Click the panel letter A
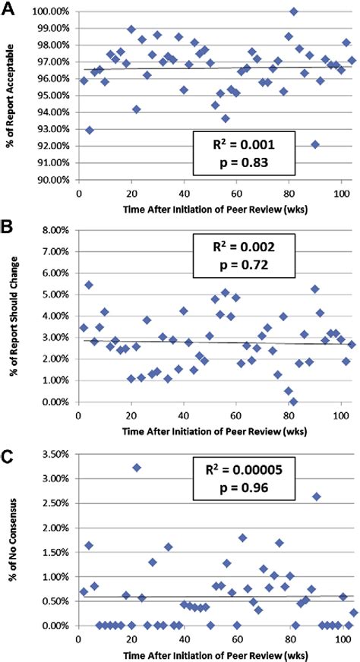pos(9,9)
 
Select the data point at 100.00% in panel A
pos(293,11)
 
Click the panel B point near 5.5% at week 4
pos(89,285)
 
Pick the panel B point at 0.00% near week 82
pos(293,402)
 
